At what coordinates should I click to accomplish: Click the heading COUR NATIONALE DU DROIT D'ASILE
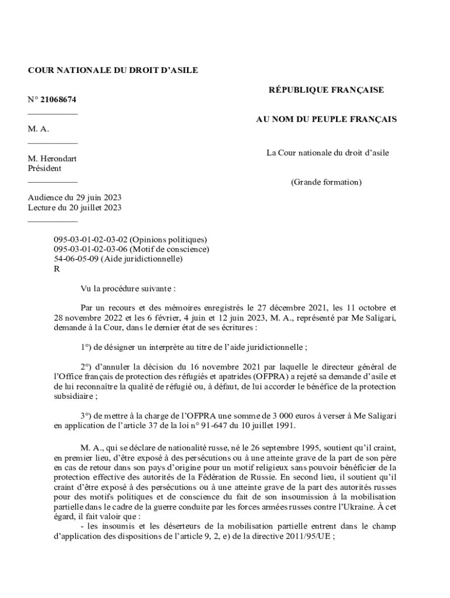point(113,71)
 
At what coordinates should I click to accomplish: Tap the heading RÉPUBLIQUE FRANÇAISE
point(326,90)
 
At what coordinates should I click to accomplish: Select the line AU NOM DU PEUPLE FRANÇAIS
point(326,119)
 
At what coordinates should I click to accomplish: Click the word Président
point(44,168)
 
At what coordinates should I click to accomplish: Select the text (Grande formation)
point(326,182)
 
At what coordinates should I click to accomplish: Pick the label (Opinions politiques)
point(168,239)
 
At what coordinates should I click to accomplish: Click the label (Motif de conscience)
point(169,249)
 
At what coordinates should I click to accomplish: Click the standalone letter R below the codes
point(57,269)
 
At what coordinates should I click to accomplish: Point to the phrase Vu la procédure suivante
point(127,288)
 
